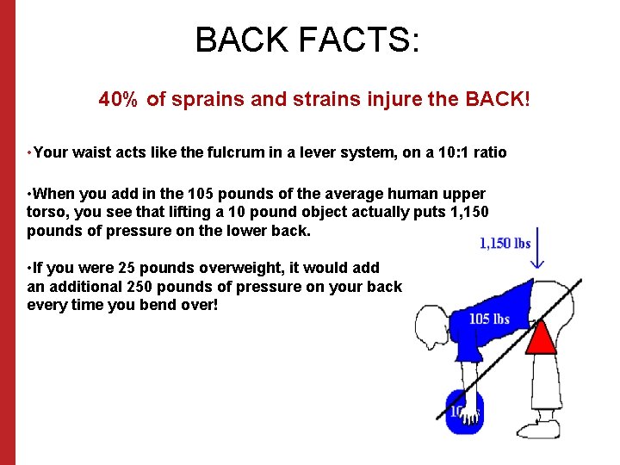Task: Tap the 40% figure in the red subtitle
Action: click(x=119, y=100)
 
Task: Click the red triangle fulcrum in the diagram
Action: click(x=542, y=337)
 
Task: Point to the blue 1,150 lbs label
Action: click(x=505, y=244)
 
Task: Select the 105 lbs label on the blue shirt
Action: click(x=489, y=319)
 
